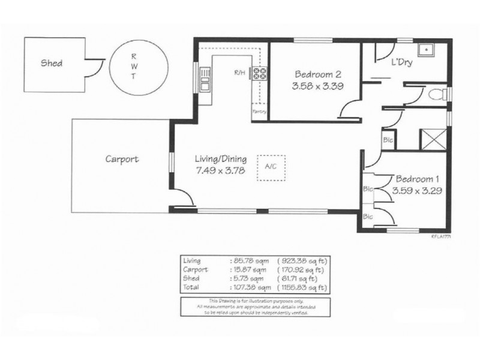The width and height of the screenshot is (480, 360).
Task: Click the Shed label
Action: click(52, 62)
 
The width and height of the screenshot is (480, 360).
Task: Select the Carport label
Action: click(122, 160)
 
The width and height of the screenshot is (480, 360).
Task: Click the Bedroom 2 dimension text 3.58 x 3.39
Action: click(318, 87)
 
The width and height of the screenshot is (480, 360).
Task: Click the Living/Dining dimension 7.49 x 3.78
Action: click(221, 171)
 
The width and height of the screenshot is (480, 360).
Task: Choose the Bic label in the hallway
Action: click(387, 139)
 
